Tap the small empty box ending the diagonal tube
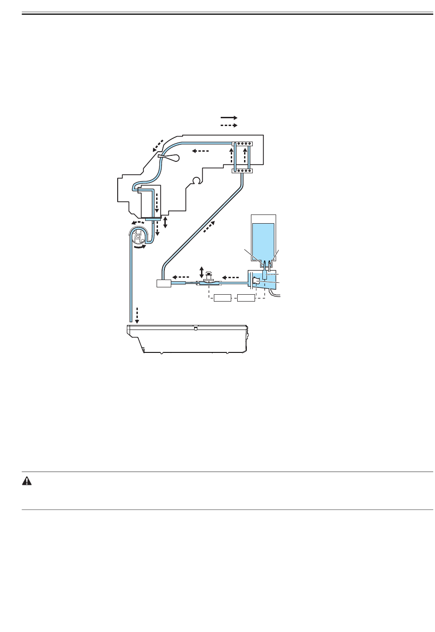click(x=163, y=284)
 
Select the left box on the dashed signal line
click(x=223, y=299)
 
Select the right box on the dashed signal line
click(x=246, y=299)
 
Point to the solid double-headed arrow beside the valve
click(x=201, y=271)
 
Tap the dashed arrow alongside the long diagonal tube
click(x=209, y=226)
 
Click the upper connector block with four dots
click(x=242, y=144)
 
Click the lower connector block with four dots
click(x=242, y=171)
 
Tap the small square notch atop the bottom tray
click(x=195, y=328)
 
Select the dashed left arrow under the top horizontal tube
click(x=201, y=151)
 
